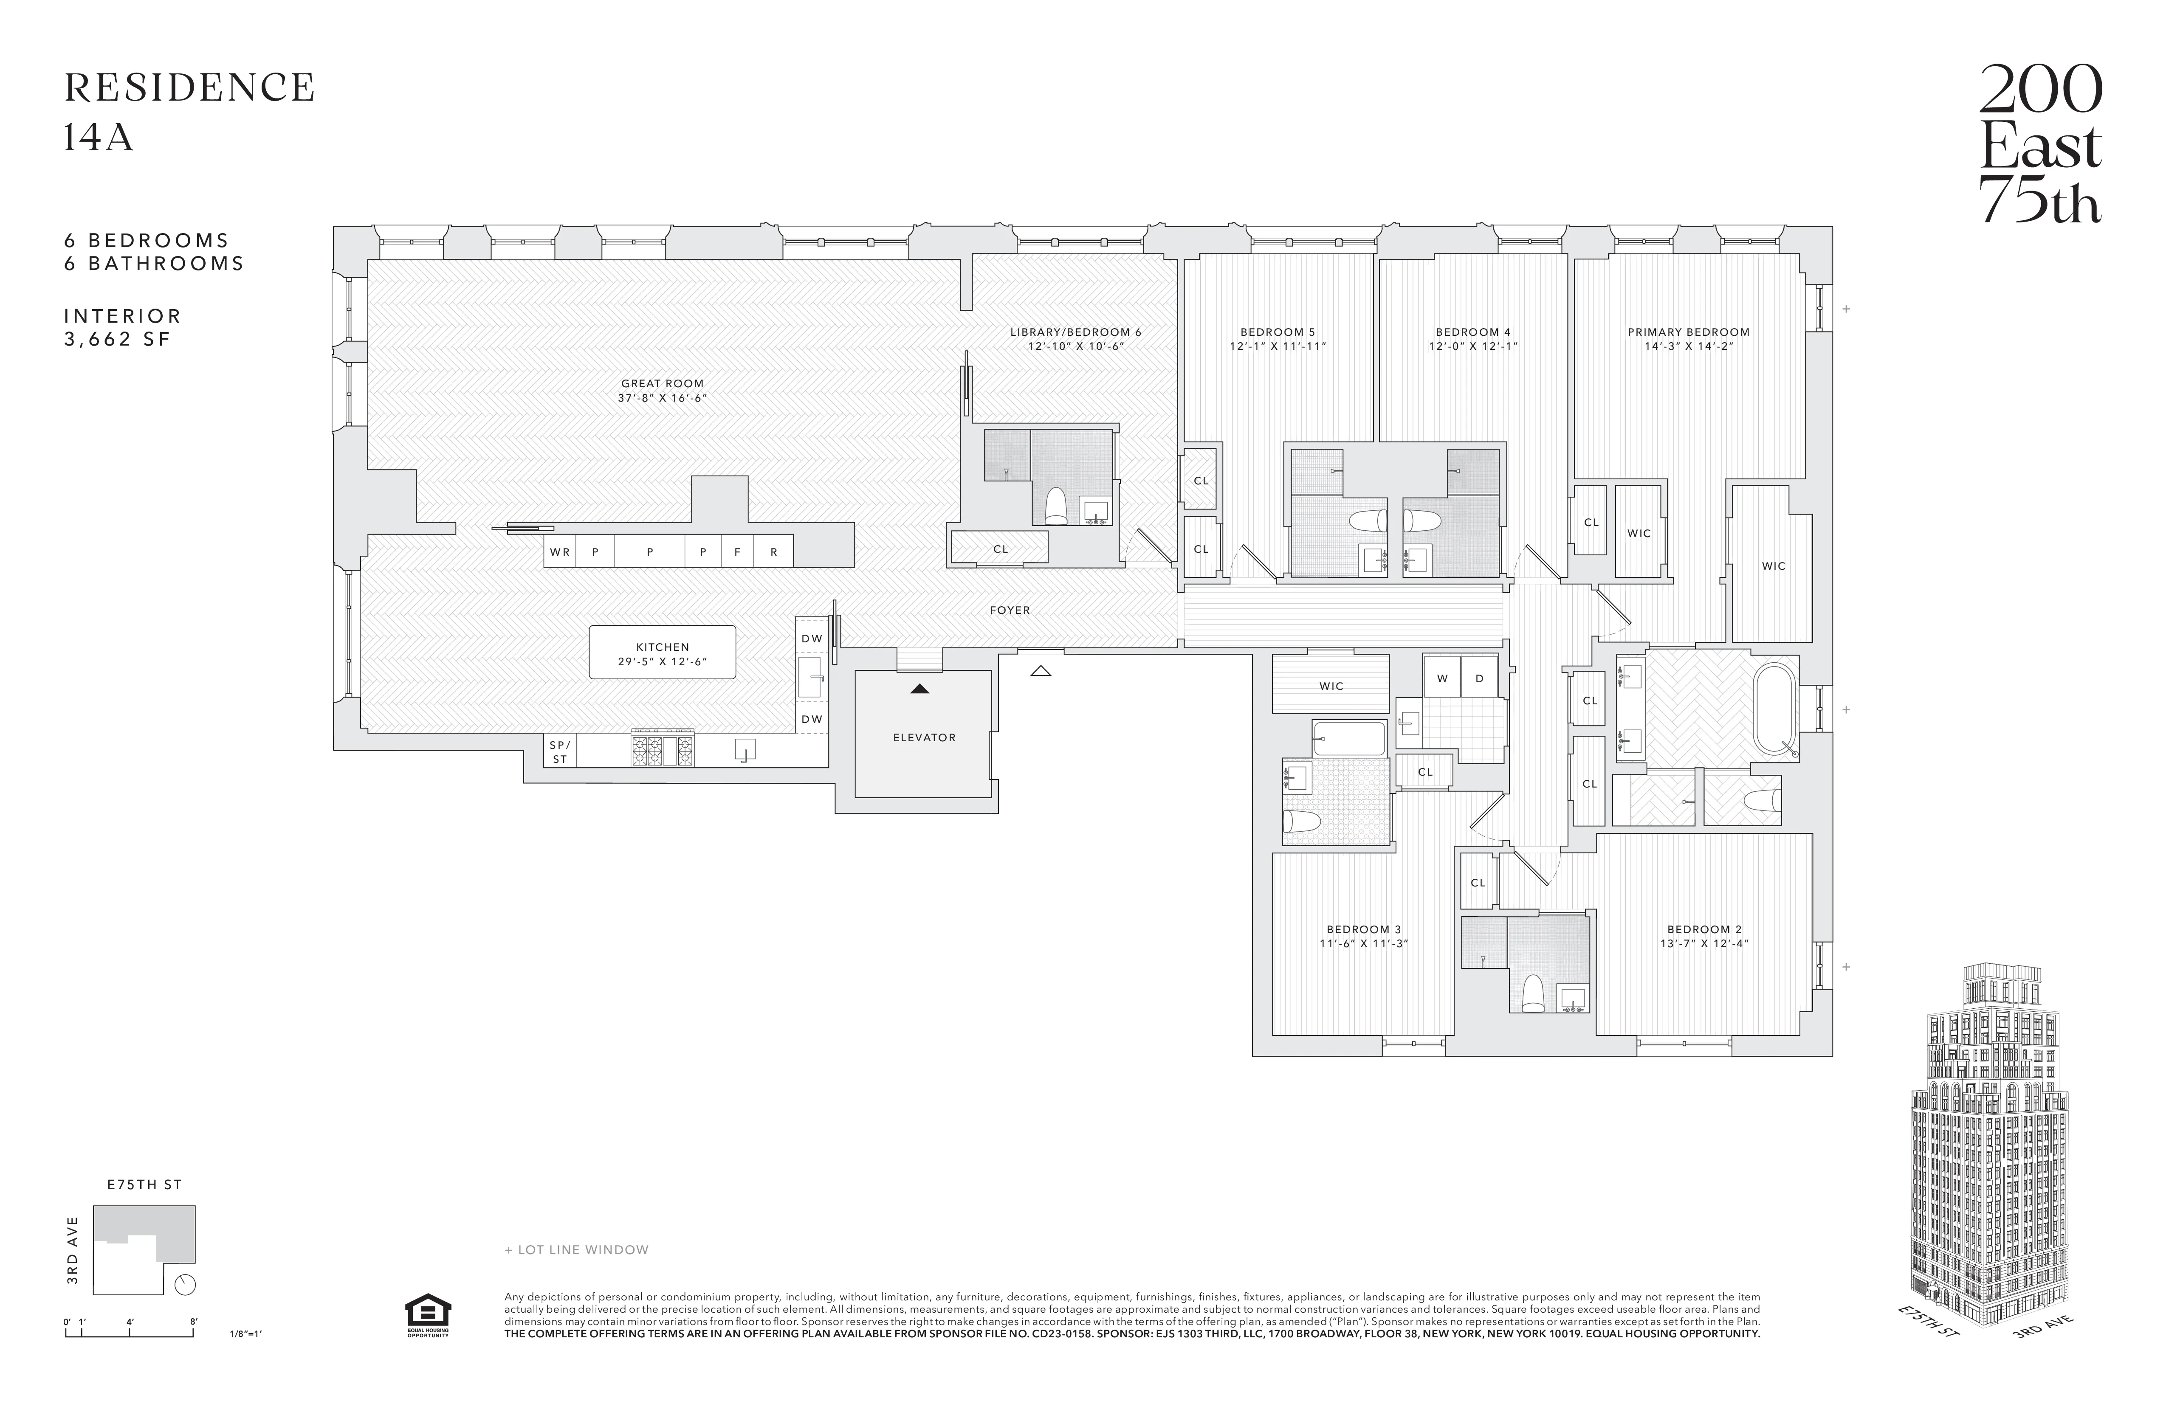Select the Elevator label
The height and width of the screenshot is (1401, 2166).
click(924, 737)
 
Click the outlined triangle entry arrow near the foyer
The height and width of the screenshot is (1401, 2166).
click(1041, 671)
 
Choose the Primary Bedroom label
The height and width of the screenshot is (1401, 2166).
click(1688, 332)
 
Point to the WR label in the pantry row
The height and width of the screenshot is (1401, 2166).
click(560, 551)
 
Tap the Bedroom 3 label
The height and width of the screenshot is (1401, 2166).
click(1363, 929)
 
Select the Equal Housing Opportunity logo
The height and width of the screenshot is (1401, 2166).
click(427, 1316)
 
